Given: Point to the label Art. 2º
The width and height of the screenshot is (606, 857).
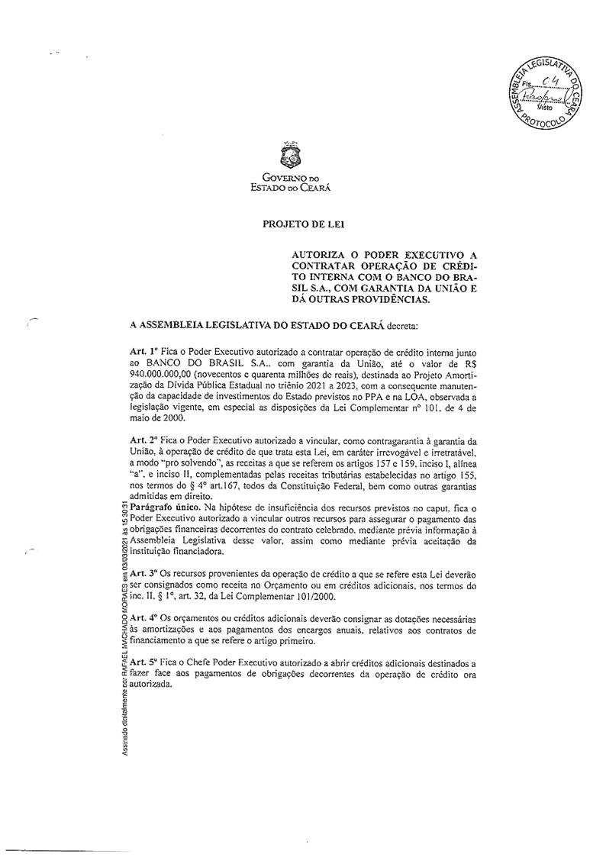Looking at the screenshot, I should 143,440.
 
